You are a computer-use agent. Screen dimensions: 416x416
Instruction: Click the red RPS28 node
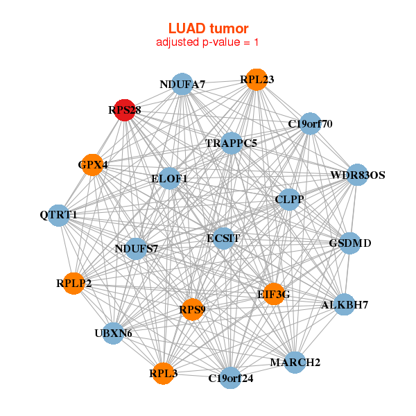tap(124, 110)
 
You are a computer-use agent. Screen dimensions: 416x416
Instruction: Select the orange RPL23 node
tap(257, 80)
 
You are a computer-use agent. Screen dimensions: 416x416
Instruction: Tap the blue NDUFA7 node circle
tap(182, 85)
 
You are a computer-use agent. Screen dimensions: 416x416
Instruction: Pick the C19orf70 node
tap(310, 124)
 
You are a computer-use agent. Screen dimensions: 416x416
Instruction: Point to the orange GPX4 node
tap(92, 165)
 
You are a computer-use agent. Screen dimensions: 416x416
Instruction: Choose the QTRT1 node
tap(59, 215)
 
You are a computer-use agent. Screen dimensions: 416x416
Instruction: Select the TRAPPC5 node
tap(232, 144)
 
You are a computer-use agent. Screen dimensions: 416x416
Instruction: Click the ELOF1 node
tap(170, 178)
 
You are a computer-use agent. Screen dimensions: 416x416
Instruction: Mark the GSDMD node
tap(350, 243)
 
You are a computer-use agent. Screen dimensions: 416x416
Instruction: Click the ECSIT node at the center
tap(223, 238)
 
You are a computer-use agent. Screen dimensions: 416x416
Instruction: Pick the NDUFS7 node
tap(137, 248)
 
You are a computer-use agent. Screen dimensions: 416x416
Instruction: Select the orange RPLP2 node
tap(73, 283)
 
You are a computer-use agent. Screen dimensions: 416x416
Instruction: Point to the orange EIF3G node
tap(274, 294)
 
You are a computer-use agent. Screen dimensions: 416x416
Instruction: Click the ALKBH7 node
tap(345, 304)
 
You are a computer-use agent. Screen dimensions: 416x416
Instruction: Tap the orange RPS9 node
tap(192, 309)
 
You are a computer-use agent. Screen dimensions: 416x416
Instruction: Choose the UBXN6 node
tap(113, 333)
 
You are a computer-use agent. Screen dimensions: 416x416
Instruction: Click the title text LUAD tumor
tap(208, 28)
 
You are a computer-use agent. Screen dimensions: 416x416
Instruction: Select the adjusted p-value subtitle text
tap(208, 42)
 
